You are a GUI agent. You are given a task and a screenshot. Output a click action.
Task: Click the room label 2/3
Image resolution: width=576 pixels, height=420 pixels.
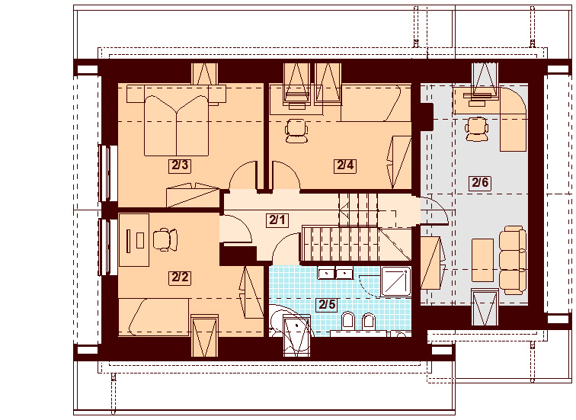pyautogui.click(x=180, y=165)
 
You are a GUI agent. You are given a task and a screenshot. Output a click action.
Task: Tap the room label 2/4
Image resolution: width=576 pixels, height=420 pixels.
pyautogui.click(x=345, y=165)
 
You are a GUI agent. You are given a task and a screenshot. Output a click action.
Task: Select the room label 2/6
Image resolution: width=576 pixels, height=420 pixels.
pyautogui.click(x=480, y=182)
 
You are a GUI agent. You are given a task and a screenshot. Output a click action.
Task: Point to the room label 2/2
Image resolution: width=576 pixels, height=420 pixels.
pyautogui.click(x=180, y=277)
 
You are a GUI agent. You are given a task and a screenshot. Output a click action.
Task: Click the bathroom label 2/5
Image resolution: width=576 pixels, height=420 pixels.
pyautogui.click(x=327, y=304)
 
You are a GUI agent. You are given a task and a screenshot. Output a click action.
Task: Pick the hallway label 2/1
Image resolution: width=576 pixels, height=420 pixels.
pyautogui.click(x=277, y=220)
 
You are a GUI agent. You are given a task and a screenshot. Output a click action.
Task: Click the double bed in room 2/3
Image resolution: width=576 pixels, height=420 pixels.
pyautogui.click(x=177, y=120)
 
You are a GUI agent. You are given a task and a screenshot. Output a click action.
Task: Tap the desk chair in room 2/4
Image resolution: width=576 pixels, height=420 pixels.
pyautogui.click(x=296, y=130)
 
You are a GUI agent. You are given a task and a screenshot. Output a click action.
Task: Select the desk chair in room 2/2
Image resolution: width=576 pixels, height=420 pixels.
pyautogui.click(x=165, y=240)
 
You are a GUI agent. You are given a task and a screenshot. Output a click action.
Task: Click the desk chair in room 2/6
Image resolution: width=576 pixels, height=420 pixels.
pyautogui.click(x=476, y=129)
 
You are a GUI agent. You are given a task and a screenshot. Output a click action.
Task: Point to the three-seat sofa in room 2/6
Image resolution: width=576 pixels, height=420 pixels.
pyautogui.click(x=513, y=260)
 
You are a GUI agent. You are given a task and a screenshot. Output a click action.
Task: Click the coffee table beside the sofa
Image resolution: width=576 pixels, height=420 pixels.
pyautogui.click(x=483, y=260)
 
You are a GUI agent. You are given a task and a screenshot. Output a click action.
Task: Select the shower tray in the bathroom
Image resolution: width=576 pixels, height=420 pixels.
pyautogui.click(x=395, y=281)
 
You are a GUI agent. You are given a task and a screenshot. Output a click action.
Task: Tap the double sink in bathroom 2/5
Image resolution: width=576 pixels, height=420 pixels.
pyautogui.click(x=335, y=273)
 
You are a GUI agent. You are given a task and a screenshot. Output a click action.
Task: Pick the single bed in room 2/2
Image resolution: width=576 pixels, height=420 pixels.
pyautogui.click(x=154, y=316)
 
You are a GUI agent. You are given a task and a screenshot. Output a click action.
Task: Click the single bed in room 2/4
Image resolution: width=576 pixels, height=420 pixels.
pyautogui.click(x=376, y=103)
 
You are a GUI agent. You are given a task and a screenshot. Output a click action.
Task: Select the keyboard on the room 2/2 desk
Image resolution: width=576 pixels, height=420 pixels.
pyautogui.click(x=128, y=241)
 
